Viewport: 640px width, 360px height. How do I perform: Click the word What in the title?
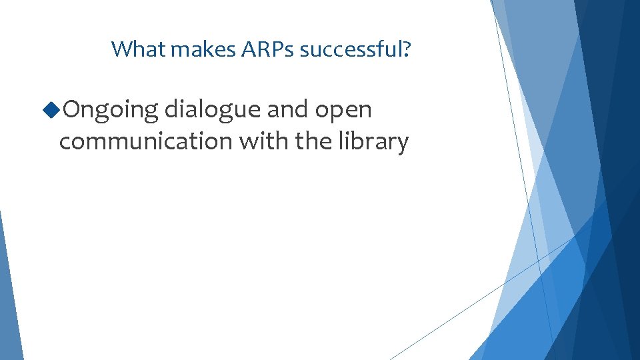pyautogui.click(x=130, y=49)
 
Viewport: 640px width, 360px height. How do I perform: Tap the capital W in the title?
pyautogui.click(x=119, y=49)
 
